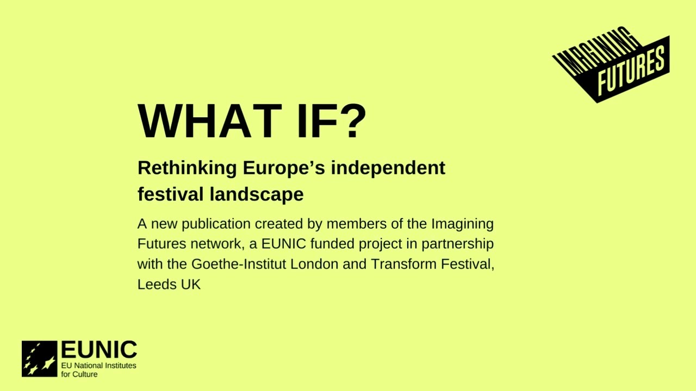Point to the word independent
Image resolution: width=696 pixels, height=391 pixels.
pos(388,168)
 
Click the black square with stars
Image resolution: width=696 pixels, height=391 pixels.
pos(40,358)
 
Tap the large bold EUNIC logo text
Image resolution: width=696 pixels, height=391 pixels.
pos(98,350)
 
